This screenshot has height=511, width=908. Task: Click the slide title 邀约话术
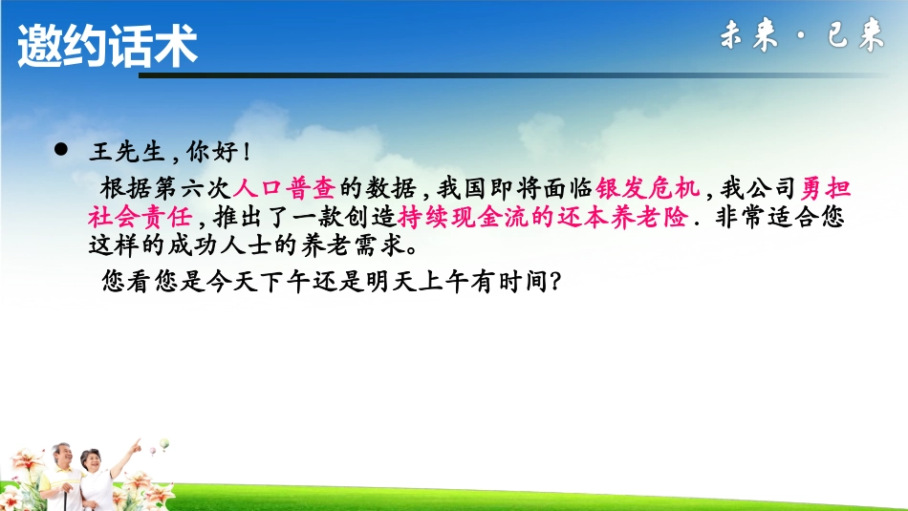107,46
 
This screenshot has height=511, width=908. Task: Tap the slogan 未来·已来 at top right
801,37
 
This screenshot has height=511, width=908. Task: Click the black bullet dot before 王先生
64,150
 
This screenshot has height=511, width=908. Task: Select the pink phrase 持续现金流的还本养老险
543,217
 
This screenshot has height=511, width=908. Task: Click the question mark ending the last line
551,283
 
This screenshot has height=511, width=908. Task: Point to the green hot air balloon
163,444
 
